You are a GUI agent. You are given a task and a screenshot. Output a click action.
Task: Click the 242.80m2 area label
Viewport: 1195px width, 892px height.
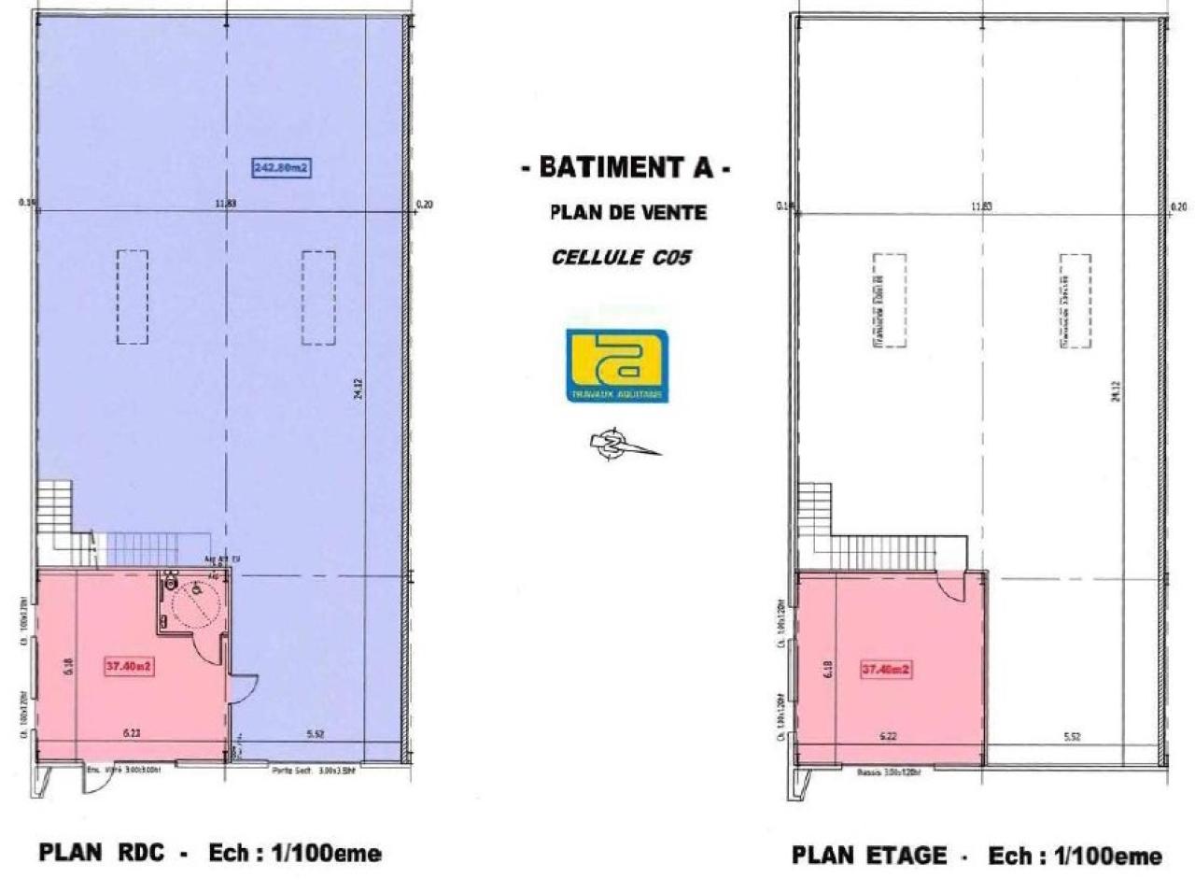coord(281,168)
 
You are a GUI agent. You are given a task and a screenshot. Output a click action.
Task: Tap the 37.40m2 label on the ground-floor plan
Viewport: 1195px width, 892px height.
coord(130,667)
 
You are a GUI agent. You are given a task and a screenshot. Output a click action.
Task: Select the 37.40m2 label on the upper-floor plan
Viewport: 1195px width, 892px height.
coord(885,669)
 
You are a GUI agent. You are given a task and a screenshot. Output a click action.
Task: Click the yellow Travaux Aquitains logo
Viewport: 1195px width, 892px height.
coord(617,364)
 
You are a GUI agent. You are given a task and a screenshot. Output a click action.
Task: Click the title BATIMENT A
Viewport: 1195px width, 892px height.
coord(625,168)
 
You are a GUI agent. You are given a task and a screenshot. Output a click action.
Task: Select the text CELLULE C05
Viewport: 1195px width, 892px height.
coord(621,257)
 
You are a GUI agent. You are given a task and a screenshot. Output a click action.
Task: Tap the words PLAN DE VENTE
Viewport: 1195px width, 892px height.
coord(627,213)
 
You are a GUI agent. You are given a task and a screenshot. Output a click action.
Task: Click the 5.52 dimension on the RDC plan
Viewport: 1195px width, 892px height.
coord(315,735)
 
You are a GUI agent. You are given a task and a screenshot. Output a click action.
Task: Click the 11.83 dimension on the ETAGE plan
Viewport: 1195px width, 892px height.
coord(980,205)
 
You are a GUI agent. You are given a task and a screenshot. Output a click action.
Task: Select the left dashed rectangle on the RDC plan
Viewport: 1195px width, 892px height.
coord(133,297)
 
